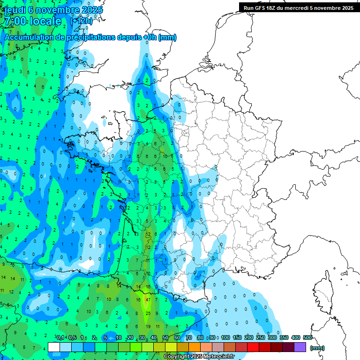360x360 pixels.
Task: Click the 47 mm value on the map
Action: coord(148,300)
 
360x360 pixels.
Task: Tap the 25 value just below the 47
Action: coord(148,313)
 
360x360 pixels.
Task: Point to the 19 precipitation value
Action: coord(148,326)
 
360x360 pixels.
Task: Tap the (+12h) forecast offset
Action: coord(81,21)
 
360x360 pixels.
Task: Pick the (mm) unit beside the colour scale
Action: coord(317,348)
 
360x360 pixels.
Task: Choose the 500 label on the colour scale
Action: coord(307,337)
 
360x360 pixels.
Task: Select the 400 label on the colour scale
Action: coord(296,337)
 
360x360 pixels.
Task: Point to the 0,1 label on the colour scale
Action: coord(60,337)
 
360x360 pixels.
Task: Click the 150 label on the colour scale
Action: coord(237,337)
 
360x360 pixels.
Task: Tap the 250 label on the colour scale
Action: coord(260,337)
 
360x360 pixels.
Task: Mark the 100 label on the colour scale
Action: coord(225,337)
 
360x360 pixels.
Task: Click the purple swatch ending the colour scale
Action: coord(300,347)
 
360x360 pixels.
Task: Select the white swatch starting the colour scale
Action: coord(54,347)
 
